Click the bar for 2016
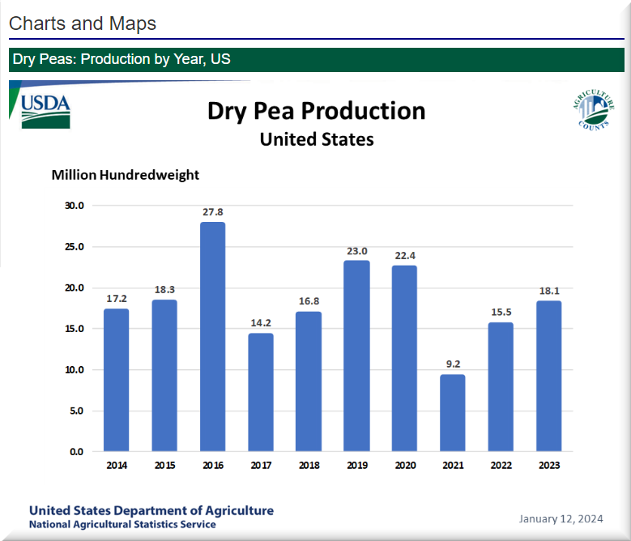tap(213, 336)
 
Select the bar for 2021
tap(452, 412)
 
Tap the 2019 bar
tap(356, 356)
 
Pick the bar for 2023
tap(548, 376)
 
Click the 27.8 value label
tap(213, 212)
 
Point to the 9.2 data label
tap(452, 364)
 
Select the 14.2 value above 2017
tap(261, 323)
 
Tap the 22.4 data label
tap(404, 255)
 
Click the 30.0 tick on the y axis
tap(75, 206)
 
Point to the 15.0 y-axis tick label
tap(75, 329)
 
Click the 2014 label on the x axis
tap(117, 465)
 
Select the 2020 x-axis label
tap(404, 465)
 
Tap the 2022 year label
tap(500, 465)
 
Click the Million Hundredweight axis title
tap(125, 174)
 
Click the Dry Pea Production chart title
tap(316, 111)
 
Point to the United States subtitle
tap(316, 139)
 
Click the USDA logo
tap(45, 110)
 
